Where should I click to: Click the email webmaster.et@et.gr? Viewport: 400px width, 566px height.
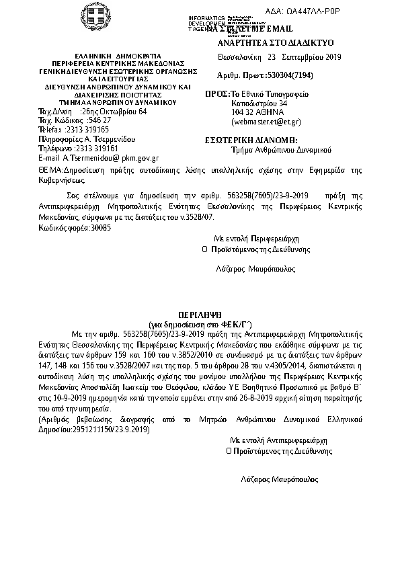pyautogui.click(x=266, y=122)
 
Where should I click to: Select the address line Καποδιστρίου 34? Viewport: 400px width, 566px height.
pyautogui.click(x=259, y=104)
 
